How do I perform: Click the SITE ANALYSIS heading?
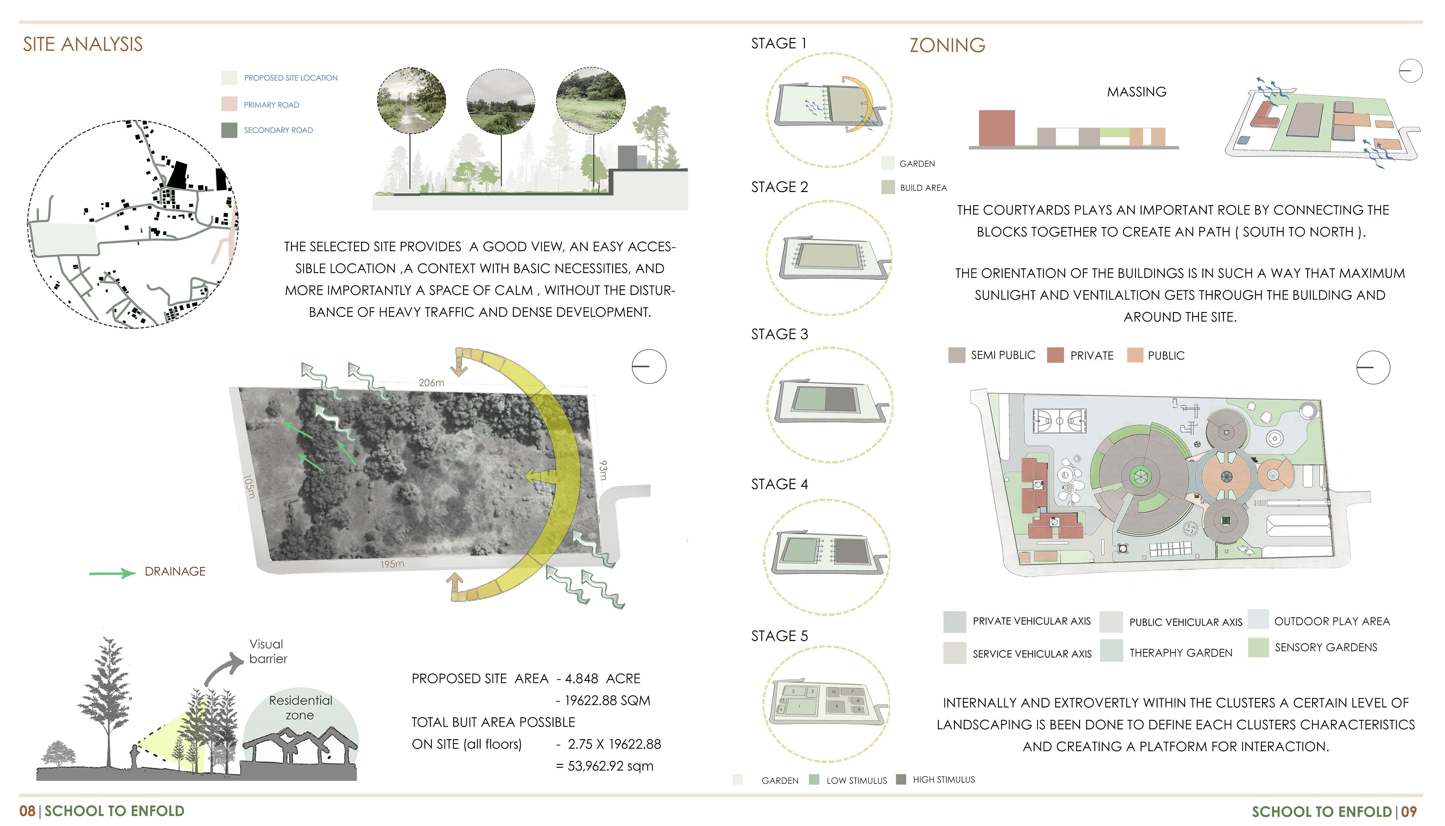coord(83,44)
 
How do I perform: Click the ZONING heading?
coord(947,45)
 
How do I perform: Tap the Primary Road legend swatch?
coord(229,104)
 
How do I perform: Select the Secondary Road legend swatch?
coord(229,130)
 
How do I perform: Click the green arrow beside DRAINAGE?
coord(112,574)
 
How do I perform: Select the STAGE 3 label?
coord(779,334)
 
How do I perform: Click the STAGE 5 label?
coord(779,636)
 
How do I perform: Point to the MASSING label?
coord(1137,92)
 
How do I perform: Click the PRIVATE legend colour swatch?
coord(1055,355)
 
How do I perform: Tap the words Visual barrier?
coord(268,651)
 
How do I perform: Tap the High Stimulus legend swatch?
coord(901,779)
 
